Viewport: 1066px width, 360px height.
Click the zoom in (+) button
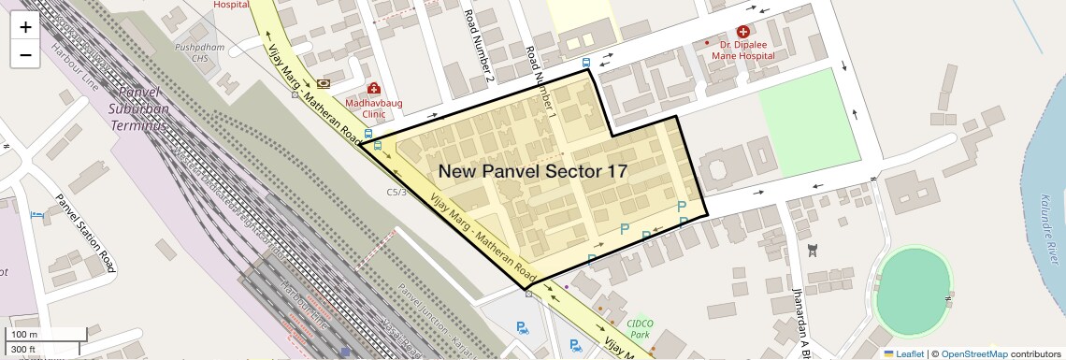[x=25, y=26]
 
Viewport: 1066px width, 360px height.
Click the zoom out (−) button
[x=25, y=54]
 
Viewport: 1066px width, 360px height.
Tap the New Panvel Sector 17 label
[x=532, y=171]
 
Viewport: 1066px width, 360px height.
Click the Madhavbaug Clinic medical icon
[x=373, y=88]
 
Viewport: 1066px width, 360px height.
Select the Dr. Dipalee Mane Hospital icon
[x=742, y=32]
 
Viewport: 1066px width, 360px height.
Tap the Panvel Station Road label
[x=84, y=234]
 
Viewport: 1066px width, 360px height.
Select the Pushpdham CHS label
[x=197, y=50]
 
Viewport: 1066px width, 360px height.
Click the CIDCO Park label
[x=639, y=328]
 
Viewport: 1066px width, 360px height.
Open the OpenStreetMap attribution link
[x=973, y=353]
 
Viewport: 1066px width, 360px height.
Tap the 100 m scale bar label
[x=24, y=335]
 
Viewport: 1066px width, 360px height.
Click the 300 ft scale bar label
[x=23, y=350]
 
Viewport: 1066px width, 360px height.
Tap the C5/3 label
[x=397, y=192]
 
